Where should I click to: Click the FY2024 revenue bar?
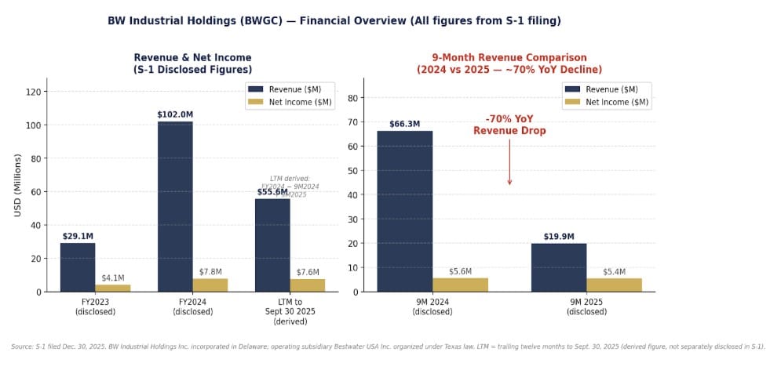174,206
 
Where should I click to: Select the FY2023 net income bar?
113,288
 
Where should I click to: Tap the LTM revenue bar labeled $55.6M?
272,245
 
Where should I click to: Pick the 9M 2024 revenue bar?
404,211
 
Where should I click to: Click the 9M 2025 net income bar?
614,285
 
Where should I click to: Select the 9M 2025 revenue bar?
558,267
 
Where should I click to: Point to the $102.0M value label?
174,114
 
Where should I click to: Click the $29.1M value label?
78,236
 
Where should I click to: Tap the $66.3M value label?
404,124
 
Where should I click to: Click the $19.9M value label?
558,237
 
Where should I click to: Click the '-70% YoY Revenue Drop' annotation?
509,125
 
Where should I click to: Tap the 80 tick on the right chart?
353,98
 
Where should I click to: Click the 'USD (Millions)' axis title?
16,185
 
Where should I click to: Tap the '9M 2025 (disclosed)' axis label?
586,307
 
